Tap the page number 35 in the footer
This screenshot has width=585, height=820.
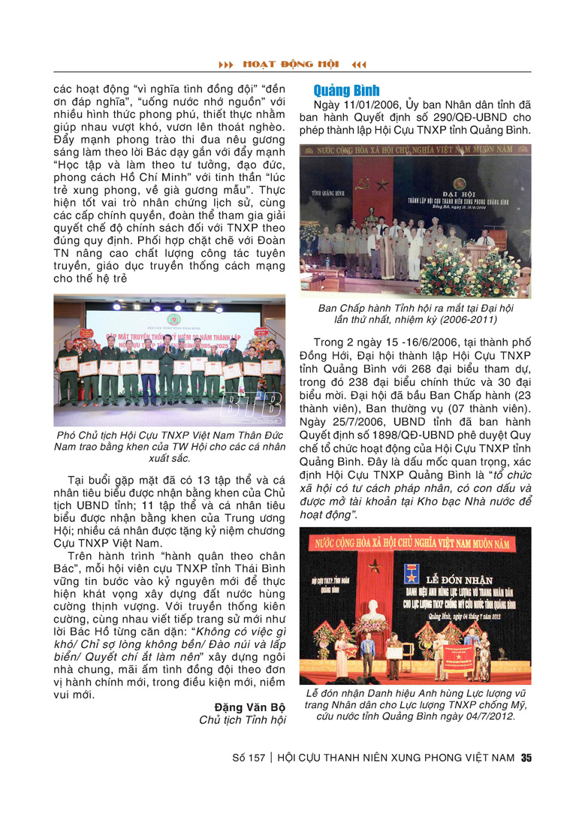coord(526,758)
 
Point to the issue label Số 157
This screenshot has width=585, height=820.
coord(249,758)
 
